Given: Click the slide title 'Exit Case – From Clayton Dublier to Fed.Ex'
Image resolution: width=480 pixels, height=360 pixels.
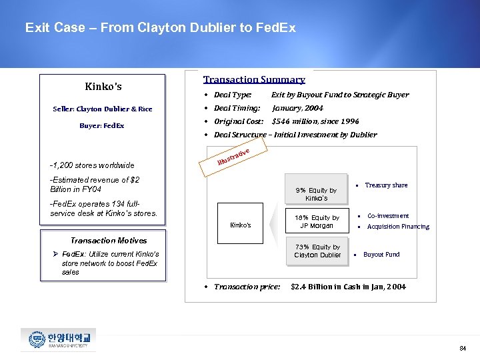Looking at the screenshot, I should tap(160, 28).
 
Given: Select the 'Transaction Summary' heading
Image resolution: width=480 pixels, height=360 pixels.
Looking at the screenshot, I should tap(254, 79).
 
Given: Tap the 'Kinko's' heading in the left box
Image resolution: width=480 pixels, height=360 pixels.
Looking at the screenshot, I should tap(103, 87).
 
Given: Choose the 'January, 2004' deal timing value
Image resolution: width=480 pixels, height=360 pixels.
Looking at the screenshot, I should tap(297, 108).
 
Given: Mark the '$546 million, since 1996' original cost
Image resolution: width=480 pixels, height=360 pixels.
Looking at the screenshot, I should tap(306, 121).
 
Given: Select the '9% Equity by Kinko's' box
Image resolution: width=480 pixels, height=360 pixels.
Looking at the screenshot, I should tap(317, 194).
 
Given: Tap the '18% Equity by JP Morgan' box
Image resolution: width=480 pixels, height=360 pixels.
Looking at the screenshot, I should tap(317, 221).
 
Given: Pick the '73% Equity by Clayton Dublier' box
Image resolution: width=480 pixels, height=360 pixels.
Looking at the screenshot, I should tap(317, 251).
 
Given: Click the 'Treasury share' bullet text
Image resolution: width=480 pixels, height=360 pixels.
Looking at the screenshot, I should tap(386, 185).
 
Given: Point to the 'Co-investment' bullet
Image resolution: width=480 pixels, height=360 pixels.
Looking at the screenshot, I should tap(388, 216).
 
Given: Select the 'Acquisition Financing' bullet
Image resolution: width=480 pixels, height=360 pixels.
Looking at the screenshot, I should tap(398, 227).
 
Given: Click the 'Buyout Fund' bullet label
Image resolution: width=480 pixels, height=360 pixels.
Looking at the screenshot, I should tap(381, 255).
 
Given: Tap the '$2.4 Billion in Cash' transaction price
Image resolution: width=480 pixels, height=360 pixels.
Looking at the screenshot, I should tap(348, 287).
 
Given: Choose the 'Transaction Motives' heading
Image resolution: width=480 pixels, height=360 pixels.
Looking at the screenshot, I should tap(109, 240).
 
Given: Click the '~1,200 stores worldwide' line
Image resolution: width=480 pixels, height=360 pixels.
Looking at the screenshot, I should tap(92, 165).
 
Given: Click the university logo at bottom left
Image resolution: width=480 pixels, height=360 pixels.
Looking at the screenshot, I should tap(58, 340).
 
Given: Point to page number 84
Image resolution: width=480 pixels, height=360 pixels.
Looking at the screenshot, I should tap(463, 349).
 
